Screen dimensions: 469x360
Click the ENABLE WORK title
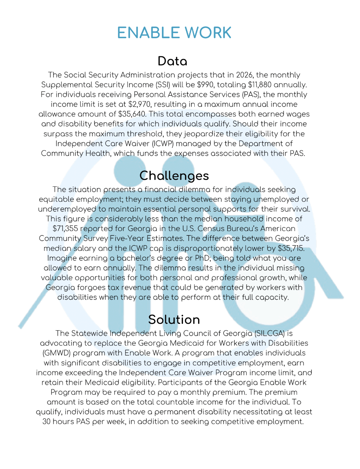(174, 33)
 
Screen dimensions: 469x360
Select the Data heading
(172, 61)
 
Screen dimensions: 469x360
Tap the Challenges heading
(174, 176)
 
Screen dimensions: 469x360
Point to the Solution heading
(174, 320)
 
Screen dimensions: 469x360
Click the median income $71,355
(65, 229)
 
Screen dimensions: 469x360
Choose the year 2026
(244, 75)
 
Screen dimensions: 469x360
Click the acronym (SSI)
(163, 85)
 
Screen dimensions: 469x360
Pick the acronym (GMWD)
(56, 353)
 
